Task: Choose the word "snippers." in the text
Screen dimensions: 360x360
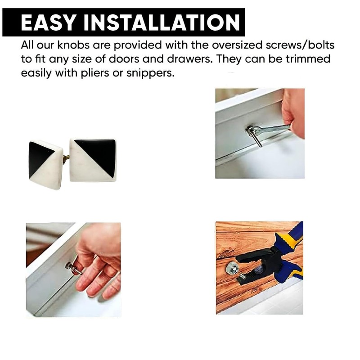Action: click(x=149, y=73)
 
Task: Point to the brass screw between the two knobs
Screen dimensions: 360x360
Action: click(x=66, y=157)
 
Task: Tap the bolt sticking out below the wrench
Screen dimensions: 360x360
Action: click(x=257, y=139)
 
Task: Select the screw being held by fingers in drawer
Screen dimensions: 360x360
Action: click(x=73, y=268)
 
